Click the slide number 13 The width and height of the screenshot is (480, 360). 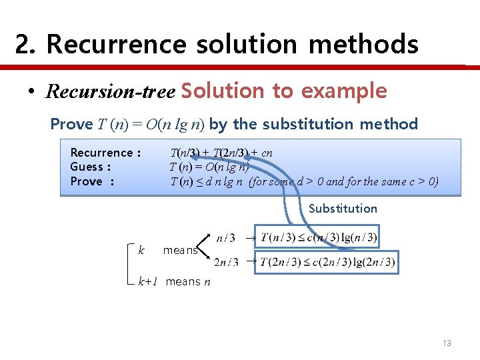point(447,343)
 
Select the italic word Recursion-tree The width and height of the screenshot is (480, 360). point(109,91)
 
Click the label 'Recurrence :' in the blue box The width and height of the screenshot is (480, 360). point(105,153)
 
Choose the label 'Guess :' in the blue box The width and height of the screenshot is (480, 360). point(90,167)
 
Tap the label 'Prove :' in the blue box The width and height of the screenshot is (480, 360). point(92,181)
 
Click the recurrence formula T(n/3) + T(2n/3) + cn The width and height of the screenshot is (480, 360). point(221,153)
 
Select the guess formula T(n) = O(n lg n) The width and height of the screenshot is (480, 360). point(209,167)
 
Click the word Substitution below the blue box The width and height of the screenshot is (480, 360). point(343,209)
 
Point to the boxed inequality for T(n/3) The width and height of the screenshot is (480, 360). point(319,237)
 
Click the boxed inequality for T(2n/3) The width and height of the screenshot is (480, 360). point(328,262)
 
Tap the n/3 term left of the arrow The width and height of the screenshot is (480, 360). point(225,237)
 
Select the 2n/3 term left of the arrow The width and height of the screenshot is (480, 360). point(226,262)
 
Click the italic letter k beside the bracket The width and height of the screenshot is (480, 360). point(141,250)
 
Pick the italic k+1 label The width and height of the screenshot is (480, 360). point(147,281)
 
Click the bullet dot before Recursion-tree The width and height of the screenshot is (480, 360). point(32,91)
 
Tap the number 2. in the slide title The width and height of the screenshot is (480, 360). point(25,45)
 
